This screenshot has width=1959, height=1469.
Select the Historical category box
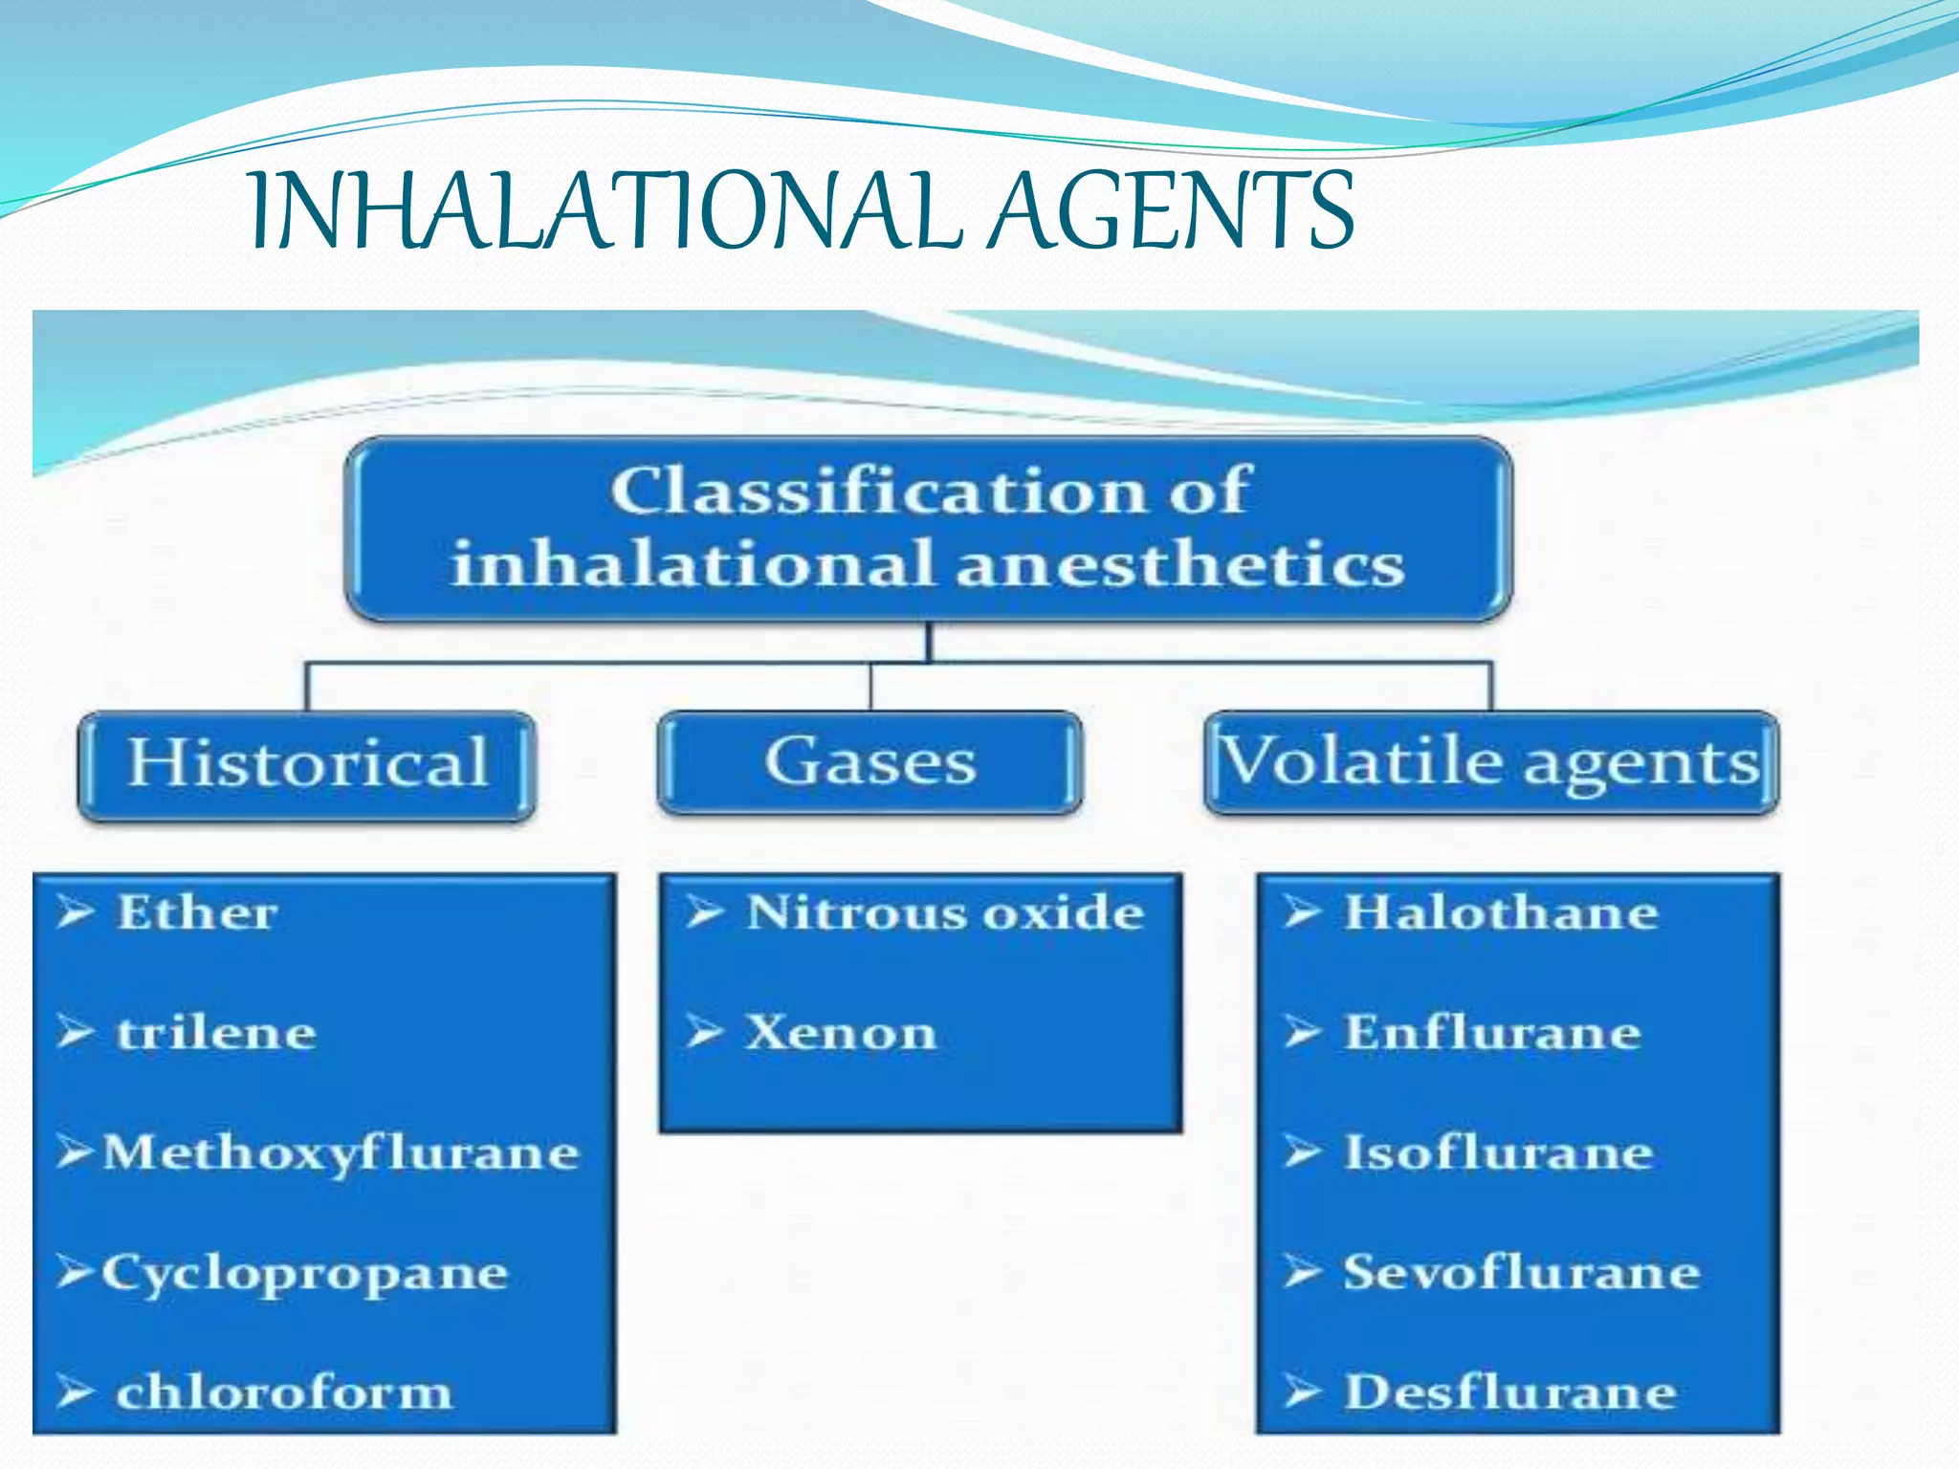pos(307,764)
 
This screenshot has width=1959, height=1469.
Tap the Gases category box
pos(869,762)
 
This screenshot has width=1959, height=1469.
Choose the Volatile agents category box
pos(1490,762)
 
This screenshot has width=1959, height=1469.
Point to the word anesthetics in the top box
pos(1180,564)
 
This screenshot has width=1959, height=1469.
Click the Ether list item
pos(197,912)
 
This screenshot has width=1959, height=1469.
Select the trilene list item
pos(216,1033)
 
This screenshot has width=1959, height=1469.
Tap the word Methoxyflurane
pos(341,1153)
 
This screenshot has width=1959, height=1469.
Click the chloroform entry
pos(283,1392)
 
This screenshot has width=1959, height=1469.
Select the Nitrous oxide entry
pos(945,912)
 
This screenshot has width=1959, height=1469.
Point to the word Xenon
pos(840,1033)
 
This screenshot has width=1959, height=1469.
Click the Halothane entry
pos(1501,912)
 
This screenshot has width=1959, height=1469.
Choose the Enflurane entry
pos(1492,1033)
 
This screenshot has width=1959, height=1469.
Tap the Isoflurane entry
pos(1499,1153)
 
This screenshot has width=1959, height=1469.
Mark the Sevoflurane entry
pos(1521,1273)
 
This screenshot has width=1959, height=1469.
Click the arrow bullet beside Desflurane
pos(1302,1392)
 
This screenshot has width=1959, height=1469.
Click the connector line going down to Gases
pos(870,687)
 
